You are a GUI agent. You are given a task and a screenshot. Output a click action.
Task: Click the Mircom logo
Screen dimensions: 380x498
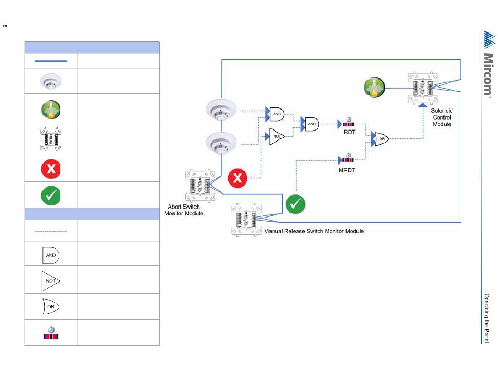pyautogui.click(x=488, y=63)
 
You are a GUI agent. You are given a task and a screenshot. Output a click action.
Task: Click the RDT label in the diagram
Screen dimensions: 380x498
pyautogui.click(x=349, y=132)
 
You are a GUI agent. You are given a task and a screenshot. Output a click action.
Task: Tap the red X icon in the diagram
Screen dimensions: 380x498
pyautogui.click(x=238, y=179)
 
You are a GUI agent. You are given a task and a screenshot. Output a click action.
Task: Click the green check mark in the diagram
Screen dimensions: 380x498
pyautogui.click(x=295, y=204)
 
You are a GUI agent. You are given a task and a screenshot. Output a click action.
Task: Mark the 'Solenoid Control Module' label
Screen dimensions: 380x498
pyautogui.click(x=441, y=117)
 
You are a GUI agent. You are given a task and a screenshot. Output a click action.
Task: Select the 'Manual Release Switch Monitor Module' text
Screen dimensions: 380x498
pyautogui.click(x=314, y=231)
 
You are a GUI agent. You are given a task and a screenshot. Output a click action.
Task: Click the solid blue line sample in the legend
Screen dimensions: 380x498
pyautogui.click(x=51, y=61)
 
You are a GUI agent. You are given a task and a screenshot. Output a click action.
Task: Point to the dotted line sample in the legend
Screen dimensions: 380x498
pyautogui.click(x=51, y=231)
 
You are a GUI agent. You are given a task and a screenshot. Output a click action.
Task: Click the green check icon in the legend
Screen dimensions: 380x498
pyautogui.click(x=51, y=195)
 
